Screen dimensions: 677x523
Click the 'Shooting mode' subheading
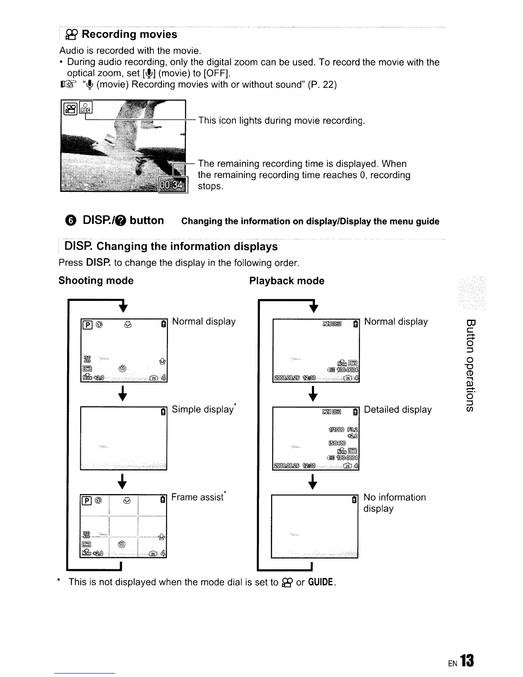pos(96,281)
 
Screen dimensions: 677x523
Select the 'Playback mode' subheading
pos(287,281)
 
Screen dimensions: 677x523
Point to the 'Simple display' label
pos(203,409)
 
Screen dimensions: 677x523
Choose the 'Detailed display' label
pos(397,409)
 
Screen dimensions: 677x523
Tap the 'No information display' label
pos(394,503)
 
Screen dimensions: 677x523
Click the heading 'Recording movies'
pos(129,34)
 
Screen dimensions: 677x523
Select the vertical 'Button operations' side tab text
pos(470,365)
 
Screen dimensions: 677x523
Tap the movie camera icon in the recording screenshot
pos(71,109)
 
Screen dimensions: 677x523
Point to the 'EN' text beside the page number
pos(453,664)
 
